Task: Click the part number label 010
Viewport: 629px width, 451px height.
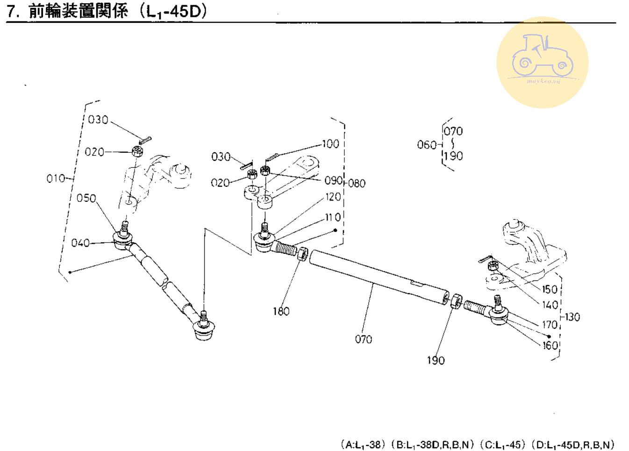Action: (x=55, y=178)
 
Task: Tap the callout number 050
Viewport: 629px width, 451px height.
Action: (x=86, y=198)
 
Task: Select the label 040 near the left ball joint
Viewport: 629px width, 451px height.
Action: (x=80, y=243)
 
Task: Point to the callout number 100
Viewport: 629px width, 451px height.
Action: (x=330, y=144)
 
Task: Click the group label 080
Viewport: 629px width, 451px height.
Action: (x=357, y=183)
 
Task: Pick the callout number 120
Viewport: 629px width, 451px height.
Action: (x=333, y=197)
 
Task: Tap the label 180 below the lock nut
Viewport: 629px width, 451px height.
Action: (x=281, y=311)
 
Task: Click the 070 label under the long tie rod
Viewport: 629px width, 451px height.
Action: (x=363, y=339)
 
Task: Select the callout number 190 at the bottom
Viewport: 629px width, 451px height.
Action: (x=436, y=360)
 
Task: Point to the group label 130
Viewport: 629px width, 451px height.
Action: (x=572, y=317)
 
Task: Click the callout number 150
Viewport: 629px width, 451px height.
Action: (x=550, y=289)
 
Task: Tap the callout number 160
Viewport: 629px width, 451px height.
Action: (x=550, y=345)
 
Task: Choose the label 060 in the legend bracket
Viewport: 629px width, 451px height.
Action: (x=426, y=145)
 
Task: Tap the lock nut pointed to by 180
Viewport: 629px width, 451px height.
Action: (x=302, y=254)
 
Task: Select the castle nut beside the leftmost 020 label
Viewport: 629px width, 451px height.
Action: (x=137, y=151)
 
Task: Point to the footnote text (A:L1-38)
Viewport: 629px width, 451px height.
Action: (x=361, y=444)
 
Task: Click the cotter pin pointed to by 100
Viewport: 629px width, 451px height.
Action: (x=272, y=157)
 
